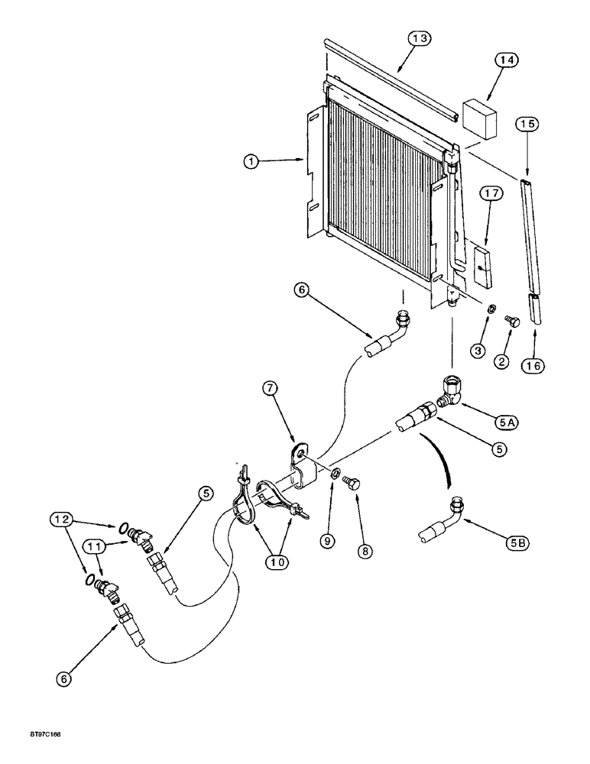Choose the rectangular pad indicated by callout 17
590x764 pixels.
click(481, 264)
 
